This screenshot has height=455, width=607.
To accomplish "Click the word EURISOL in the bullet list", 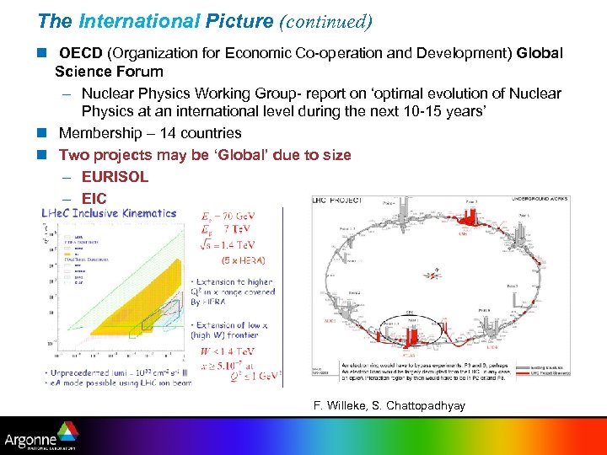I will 115,177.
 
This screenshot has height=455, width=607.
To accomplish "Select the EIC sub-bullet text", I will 94,199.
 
